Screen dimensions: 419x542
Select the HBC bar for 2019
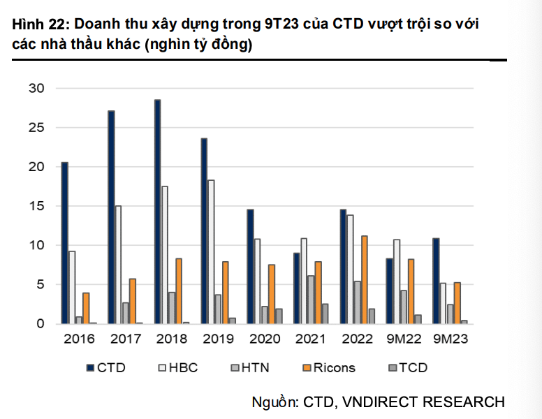pos(211,251)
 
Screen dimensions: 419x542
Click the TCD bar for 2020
pos(279,316)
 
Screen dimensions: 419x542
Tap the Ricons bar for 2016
pos(86,308)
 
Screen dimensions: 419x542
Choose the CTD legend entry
pos(105,367)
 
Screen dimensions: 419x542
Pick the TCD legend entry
pos(406,367)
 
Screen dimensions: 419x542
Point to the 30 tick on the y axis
pos(36,89)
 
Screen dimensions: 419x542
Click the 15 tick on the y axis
pos(36,206)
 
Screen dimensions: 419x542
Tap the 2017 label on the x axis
pos(126,339)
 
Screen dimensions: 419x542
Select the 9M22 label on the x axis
pos(403,339)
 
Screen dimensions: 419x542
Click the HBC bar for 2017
pos(118,265)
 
